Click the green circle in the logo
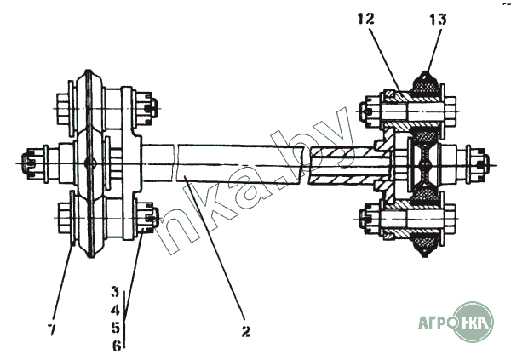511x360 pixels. [x=474, y=321]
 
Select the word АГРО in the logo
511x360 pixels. [x=436, y=323]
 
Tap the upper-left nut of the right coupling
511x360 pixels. [x=368, y=110]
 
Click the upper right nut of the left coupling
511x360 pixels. [x=147, y=106]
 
